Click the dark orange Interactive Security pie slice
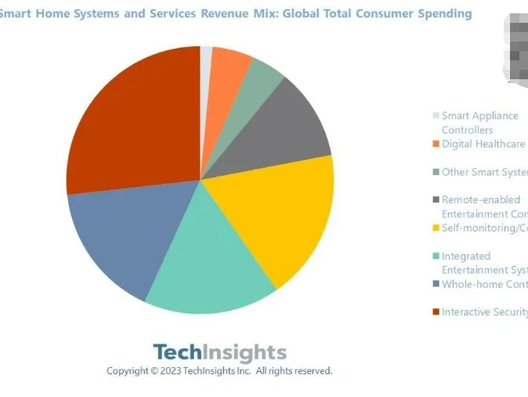(x=133, y=118)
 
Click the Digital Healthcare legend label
(x=483, y=144)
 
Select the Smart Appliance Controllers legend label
(x=479, y=122)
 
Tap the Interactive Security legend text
(x=483, y=312)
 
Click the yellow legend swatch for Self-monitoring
(x=436, y=228)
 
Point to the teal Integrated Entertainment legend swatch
(x=436, y=257)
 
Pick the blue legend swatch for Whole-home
(x=436, y=285)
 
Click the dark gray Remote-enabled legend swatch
(x=436, y=200)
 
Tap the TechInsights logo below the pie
(x=219, y=352)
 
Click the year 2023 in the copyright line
(x=172, y=370)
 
